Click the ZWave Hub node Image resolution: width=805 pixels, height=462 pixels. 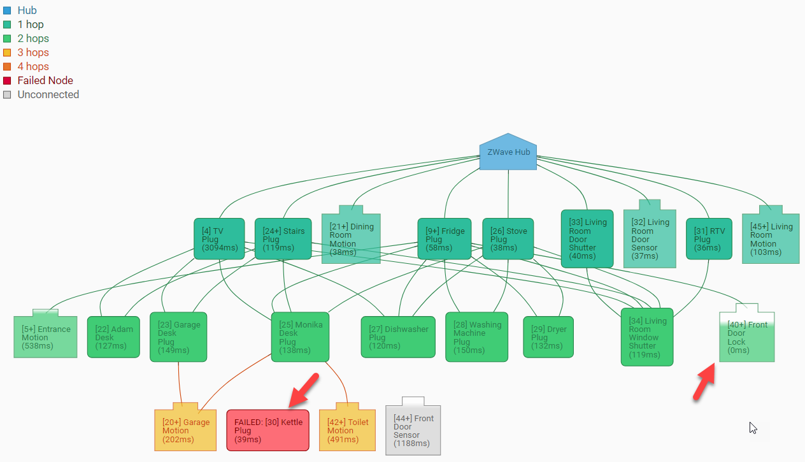pyautogui.click(x=508, y=153)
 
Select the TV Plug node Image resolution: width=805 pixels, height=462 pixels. pyautogui.click(x=219, y=239)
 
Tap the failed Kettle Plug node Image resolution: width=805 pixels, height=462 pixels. pyautogui.click(x=267, y=430)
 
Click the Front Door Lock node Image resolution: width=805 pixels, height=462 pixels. pyautogui.click(x=747, y=338)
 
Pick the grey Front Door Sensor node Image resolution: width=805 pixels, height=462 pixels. pyautogui.click(x=413, y=427)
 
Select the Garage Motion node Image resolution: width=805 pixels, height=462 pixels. pyautogui.click(x=185, y=430)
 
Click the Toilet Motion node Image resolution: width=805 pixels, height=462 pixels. pyautogui.click(x=348, y=430)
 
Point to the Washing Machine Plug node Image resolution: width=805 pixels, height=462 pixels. pyautogui.click(x=477, y=337)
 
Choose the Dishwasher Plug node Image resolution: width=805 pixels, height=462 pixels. pyautogui.click(x=399, y=337)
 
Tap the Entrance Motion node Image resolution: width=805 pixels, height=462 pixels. pyautogui.click(x=45, y=337)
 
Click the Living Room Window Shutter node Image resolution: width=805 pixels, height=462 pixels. pyautogui.click(x=647, y=337)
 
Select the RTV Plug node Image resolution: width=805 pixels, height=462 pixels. pyautogui.click(x=709, y=239)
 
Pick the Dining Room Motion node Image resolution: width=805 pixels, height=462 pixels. pyautogui.click(x=351, y=239)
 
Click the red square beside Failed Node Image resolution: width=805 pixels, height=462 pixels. pyautogui.click(x=7, y=81)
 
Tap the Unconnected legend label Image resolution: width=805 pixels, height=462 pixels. pyautogui.click(x=48, y=95)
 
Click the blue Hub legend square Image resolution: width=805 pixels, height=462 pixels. pyautogui.click(x=7, y=11)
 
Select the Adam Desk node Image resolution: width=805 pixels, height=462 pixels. pyautogui.click(x=113, y=337)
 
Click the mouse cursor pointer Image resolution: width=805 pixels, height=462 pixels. pyautogui.click(x=753, y=428)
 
